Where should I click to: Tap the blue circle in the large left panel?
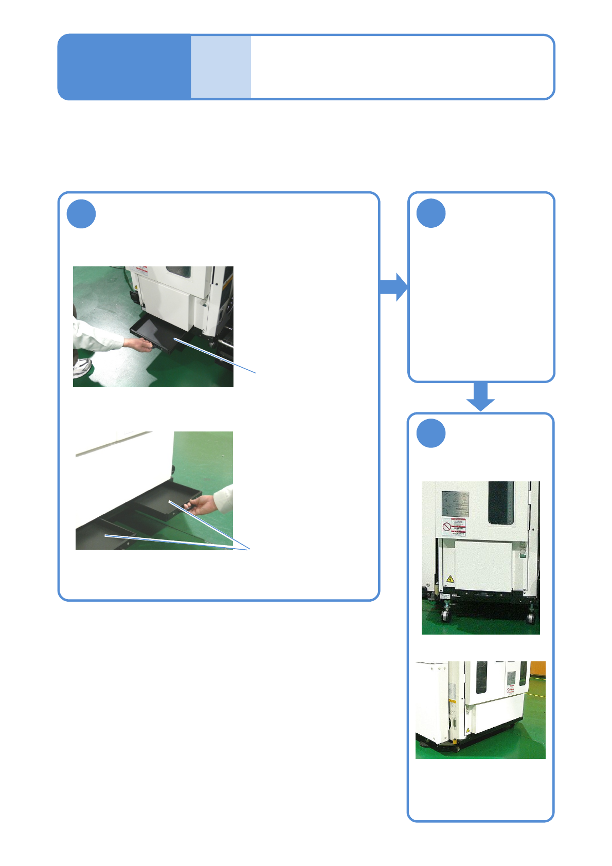[81, 214]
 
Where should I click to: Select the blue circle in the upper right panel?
[431, 213]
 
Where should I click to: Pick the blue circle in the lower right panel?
[431, 434]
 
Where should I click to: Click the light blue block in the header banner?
[221, 67]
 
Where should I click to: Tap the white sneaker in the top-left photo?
[82, 367]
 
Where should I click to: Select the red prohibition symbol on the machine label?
[446, 527]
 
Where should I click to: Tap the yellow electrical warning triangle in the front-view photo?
[451, 579]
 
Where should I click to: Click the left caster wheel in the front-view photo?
[445, 615]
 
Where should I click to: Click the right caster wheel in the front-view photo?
[531, 616]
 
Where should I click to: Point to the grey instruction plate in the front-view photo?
[455, 504]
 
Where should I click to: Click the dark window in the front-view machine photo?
[501, 502]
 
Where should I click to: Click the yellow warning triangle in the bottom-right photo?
[467, 730]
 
